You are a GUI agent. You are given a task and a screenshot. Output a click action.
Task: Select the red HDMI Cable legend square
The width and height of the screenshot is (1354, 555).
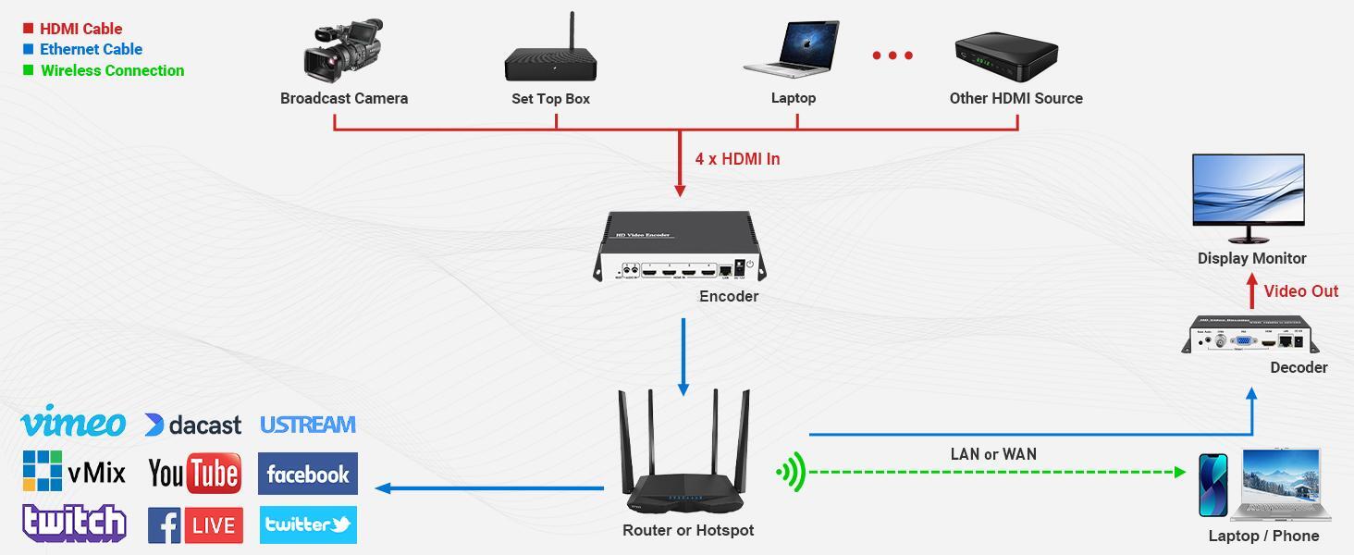(28, 29)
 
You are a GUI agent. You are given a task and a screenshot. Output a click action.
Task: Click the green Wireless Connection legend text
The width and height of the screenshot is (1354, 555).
(112, 70)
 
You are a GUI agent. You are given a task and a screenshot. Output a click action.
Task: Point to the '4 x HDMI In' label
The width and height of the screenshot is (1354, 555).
(737, 159)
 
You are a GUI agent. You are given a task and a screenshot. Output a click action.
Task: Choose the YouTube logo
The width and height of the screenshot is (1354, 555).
(194, 474)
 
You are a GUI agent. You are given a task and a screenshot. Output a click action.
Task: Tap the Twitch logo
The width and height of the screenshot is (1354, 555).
(74, 524)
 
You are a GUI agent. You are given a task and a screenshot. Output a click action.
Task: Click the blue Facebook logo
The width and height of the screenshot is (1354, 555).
(307, 475)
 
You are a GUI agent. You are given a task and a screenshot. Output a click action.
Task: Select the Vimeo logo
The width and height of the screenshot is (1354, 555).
(72, 424)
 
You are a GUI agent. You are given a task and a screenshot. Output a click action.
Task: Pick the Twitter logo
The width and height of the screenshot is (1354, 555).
(308, 524)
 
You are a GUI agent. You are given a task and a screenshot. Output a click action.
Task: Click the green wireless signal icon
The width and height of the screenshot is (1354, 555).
(792, 473)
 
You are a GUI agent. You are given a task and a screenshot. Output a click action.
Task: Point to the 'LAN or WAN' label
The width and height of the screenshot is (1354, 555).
(993, 454)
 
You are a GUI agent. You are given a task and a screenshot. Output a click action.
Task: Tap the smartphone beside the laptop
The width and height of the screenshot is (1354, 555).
(1212, 485)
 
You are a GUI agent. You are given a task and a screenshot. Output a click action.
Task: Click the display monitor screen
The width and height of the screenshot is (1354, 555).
(1248, 188)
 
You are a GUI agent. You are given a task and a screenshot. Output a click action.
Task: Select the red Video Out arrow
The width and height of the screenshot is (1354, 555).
(1252, 294)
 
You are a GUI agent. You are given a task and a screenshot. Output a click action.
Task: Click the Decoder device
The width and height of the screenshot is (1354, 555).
(1250, 337)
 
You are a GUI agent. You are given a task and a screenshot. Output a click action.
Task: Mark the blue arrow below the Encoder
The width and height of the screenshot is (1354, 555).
(683, 357)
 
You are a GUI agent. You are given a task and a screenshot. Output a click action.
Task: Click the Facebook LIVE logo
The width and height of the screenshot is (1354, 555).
(195, 525)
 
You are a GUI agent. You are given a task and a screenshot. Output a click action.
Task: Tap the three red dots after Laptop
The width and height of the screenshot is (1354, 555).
(892, 55)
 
